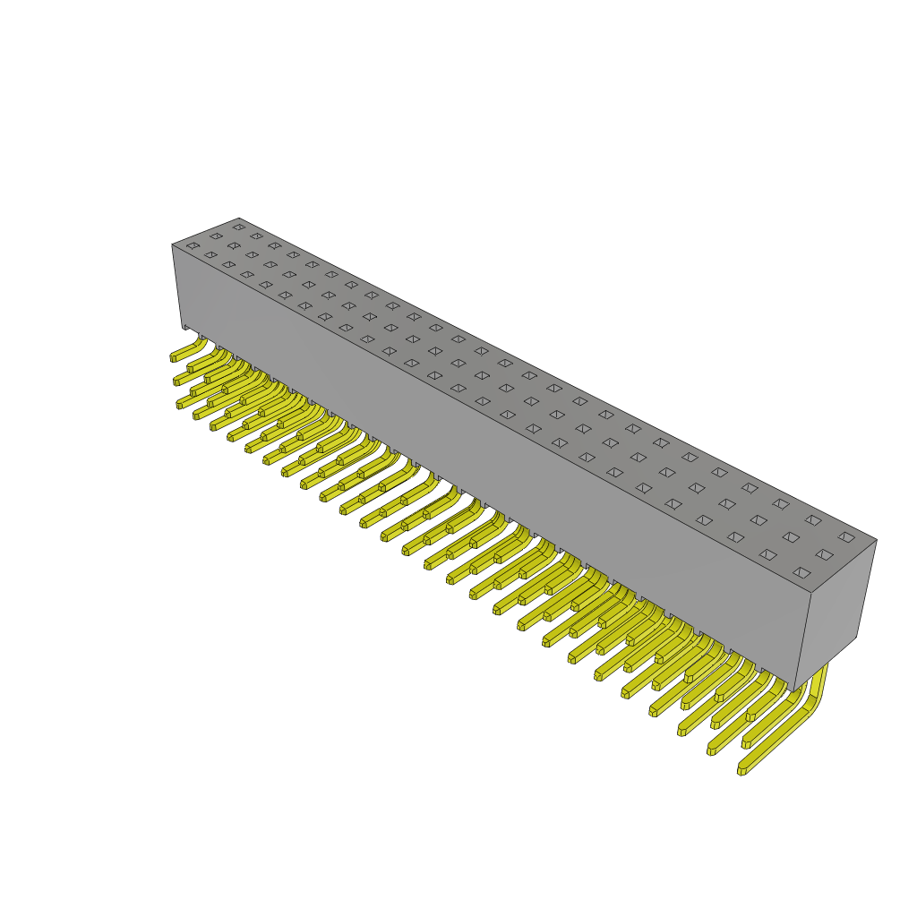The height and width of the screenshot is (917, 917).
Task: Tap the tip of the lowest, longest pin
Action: click(742, 770)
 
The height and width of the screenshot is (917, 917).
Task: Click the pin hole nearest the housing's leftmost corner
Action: click(193, 245)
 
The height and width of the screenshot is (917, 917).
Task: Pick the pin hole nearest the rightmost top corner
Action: click(846, 537)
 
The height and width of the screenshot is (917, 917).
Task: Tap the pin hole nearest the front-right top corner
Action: click(801, 572)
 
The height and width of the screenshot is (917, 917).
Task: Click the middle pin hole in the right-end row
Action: click(824, 554)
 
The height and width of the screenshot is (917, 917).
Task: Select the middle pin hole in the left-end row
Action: click(216, 236)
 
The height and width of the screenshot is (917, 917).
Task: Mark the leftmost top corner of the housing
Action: click(173, 244)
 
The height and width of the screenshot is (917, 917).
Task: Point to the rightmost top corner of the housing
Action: click(876, 540)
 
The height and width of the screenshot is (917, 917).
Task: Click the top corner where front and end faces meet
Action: click(810, 593)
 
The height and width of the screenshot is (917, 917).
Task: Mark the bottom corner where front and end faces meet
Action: click(794, 691)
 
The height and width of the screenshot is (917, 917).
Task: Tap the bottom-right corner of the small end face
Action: click(856, 637)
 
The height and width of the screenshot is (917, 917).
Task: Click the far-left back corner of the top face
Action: click(238, 219)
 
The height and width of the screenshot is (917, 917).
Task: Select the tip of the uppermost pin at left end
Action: click(174, 357)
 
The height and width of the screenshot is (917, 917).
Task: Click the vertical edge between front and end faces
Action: click(802, 642)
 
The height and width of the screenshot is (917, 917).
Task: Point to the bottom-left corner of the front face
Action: click(184, 327)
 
